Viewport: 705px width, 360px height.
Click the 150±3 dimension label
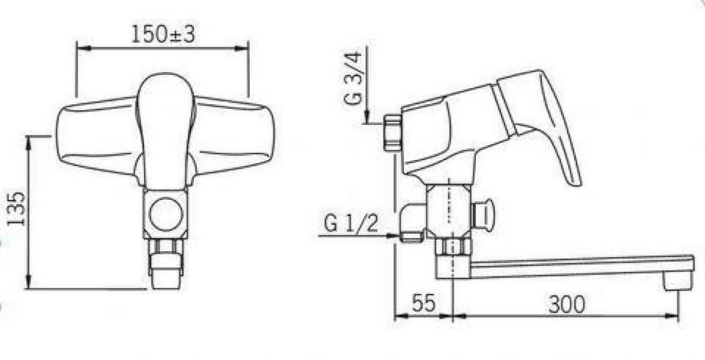pyautogui.click(x=163, y=34)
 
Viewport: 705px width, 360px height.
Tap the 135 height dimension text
pyautogui.click(x=16, y=208)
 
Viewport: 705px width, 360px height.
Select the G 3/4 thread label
pyautogui.click(x=353, y=78)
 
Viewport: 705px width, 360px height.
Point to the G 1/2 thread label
pyautogui.click(x=351, y=224)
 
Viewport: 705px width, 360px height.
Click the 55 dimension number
pyautogui.click(x=424, y=304)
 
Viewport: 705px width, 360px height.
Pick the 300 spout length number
pyautogui.click(x=566, y=305)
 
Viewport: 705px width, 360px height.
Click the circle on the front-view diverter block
pyautogui.click(x=166, y=214)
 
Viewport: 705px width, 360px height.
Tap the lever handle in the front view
pyautogui.click(x=166, y=131)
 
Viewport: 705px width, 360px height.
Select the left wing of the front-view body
pyautogui.click(x=97, y=135)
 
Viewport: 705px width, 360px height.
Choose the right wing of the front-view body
pyautogui.click(x=234, y=135)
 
